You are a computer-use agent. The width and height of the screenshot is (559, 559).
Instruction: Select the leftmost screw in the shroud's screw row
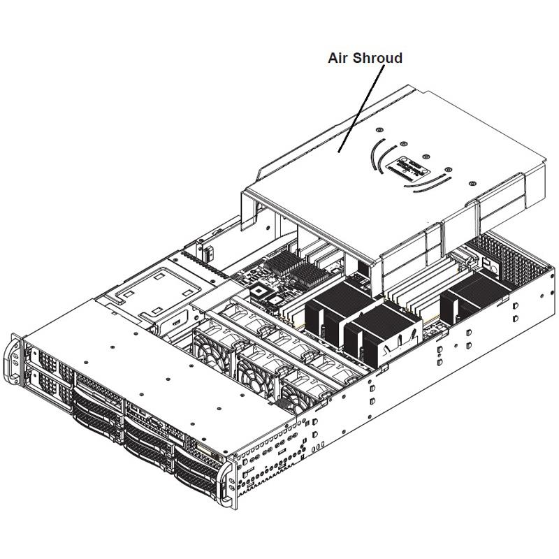click(x=379, y=130)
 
